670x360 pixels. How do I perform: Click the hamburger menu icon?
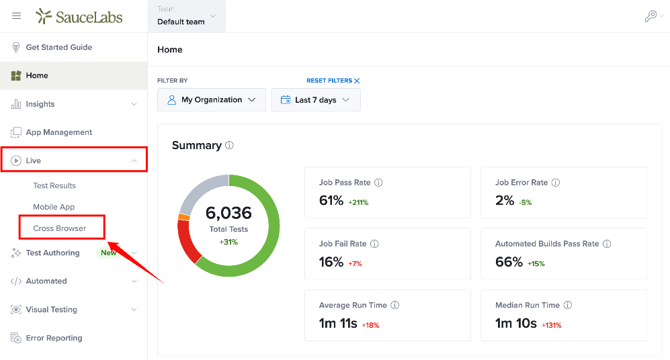pos(16,16)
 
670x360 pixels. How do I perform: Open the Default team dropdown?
pos(186,16)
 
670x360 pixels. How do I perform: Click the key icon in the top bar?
pos(651,16)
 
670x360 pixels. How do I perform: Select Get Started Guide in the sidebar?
pos(59,48)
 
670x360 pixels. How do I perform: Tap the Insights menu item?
pos(40,104)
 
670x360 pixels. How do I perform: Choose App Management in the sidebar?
pos(59,132)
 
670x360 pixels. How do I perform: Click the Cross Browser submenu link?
pos(59,228)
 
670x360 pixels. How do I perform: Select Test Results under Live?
pos(54,186)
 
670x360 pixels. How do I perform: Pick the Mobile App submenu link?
pos(54,207)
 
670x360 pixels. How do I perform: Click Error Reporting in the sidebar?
pos(54,339)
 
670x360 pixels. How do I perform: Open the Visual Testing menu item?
pos(51,310)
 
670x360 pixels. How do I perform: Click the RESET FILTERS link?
pos(333,81)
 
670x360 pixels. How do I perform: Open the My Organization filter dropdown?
pos(212,100)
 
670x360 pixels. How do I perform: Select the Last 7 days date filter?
pos(316,100)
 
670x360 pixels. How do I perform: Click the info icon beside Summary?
pos(229,145)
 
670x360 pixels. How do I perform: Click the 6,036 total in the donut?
pos(228,213)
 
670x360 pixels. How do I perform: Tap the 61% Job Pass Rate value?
pos(331,200)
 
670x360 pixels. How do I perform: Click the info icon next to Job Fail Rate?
pos(374,244)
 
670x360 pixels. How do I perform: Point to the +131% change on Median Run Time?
pos(552,325)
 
